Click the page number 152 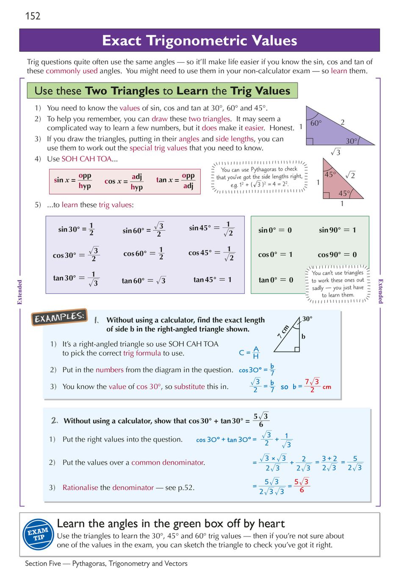tap(33, 16)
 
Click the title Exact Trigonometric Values tap(199, 41)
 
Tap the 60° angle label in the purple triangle tap(316, 123)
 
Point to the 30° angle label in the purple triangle tap(352, 141)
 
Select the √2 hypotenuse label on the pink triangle tap(350, 175)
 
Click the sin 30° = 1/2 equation tap(76, 229)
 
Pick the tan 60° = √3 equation tap(144, 280)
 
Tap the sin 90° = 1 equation tap(337, 230)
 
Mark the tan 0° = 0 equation tap(276, 280)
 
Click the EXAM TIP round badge tap(38, 534)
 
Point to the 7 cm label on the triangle tap(283, 331)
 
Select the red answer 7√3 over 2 tap(312, 385)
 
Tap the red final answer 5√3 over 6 tap(302, 485)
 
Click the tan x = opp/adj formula tap(176, 180)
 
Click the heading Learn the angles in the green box tap(171, 523)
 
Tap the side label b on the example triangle tap(303, 337)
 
